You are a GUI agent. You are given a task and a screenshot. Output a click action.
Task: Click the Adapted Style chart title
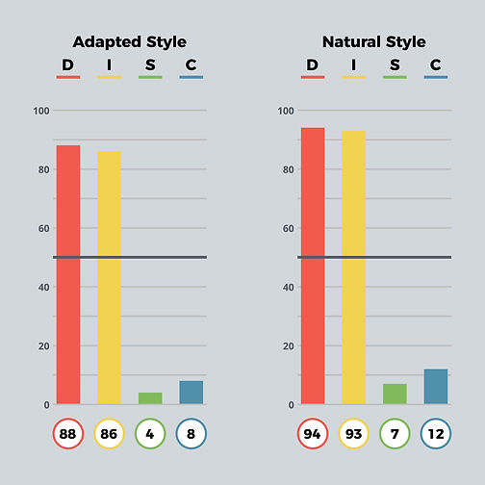[x=130, y=41]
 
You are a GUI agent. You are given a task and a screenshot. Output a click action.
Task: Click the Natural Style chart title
[x=374, y=41]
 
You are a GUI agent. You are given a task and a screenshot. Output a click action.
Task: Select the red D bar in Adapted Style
[x=68, y=274]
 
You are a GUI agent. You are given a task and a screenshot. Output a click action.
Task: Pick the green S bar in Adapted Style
[x=150, y=398]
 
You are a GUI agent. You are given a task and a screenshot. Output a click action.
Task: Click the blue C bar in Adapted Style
[x=191, y=393]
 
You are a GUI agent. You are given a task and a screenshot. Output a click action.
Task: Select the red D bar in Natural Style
[x=313, y=266]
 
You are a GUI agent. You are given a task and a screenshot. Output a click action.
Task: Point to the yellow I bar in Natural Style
[x=354, y=268]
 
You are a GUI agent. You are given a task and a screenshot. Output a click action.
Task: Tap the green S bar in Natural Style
[x=395, y=394]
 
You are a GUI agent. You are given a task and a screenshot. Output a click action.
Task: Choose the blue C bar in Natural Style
[x=436, y=387]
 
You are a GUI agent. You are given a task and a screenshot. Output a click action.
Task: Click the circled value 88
[x=68, y=434]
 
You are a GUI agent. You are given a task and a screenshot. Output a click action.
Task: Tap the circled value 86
[x=110, y=434]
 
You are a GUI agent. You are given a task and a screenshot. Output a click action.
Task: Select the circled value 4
[x=150, y=434]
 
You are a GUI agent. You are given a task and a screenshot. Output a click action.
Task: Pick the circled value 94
[x=313, y=434]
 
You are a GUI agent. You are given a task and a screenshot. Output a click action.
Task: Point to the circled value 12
[x=436, y=434]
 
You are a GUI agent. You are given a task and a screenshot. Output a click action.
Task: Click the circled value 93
[x=354, y=434]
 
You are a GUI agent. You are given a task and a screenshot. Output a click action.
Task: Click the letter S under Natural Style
[x=395, y=64]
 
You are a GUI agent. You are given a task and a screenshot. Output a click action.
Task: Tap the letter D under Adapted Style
[x=67, y=64]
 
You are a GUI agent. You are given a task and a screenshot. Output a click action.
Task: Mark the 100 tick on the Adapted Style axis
[x=40, y=111]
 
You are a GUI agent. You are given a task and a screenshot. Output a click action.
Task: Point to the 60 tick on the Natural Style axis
[x=285, y=228]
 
